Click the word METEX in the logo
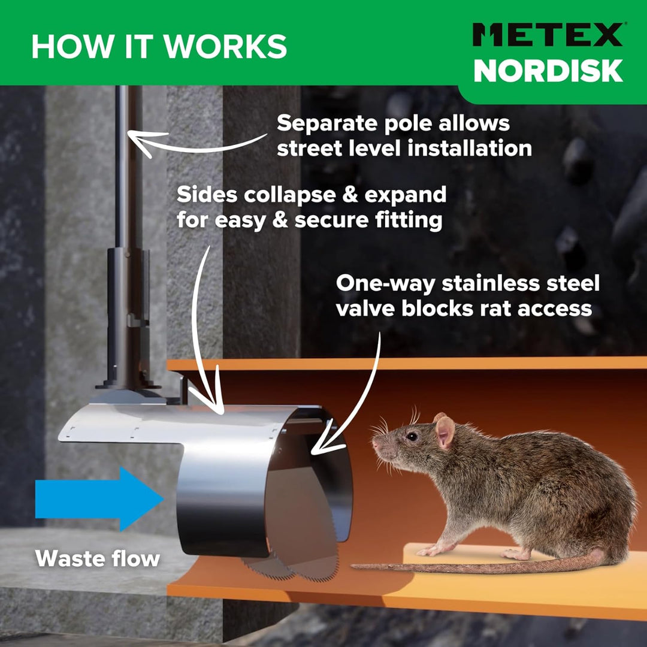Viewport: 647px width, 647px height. (548, 35)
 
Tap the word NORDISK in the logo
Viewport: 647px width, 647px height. (548, 71)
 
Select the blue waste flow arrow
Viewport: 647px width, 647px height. (99, 498)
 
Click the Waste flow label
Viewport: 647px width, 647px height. (98, 559)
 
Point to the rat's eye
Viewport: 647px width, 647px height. (412, 436)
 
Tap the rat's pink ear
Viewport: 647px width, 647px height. (445, 431)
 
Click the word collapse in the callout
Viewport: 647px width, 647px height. (289, 195)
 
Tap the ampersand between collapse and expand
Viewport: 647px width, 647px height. (350, 195)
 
